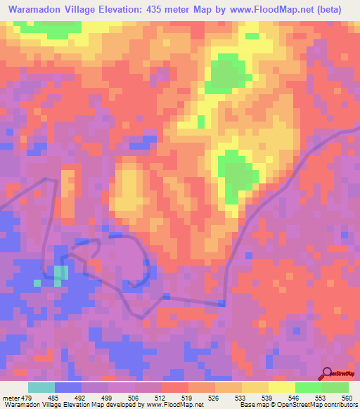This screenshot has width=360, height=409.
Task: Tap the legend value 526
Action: (x=215, y=398)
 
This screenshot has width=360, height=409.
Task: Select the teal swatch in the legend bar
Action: (x=41, y=387)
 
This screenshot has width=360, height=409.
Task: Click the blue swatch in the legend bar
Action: (x=68, y=387)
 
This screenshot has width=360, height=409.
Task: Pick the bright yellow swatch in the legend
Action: (x=282, y=387)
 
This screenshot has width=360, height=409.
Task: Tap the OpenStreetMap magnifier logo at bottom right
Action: (x=328, y=372)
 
